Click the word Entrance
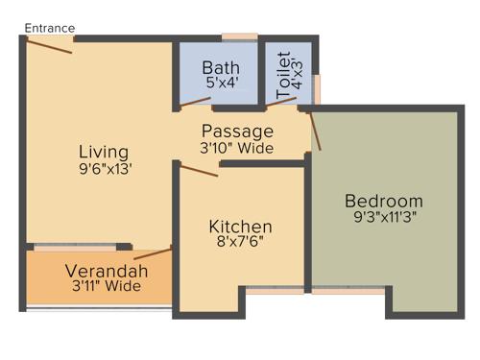point(49,28)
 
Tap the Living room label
point(104,153)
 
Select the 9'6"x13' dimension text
point(105,168)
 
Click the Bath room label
point(220,67)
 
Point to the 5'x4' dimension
point(220,83)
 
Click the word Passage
point(237,132)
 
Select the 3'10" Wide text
point(237,148)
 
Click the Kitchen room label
point(241,227)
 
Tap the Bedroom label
point(384,202)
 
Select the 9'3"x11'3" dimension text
point(384,217)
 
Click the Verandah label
point(107,271)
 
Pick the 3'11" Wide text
point(107,286)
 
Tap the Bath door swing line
point(196,101)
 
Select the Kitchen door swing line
point(199,170)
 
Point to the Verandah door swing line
point(153,253)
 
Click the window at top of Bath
point(239,36)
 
